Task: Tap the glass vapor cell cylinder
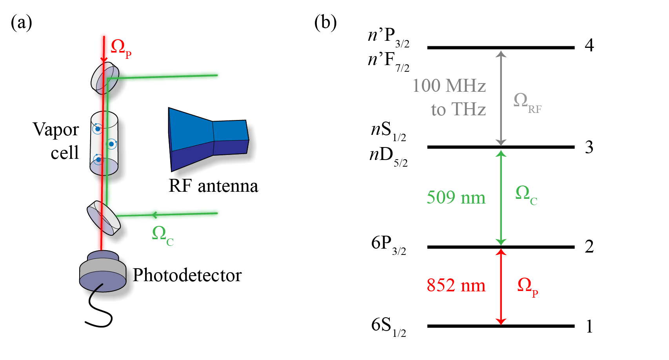click(104, 144)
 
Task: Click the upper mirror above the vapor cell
click(105, 78)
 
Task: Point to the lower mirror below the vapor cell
click(104, 218)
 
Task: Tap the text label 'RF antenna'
click(213, 186)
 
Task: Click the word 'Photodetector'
click(187, 275)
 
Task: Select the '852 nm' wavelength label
click(456, 285)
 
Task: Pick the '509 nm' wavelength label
click(456, 197)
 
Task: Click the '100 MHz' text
click(449, 86)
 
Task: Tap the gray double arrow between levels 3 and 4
click(501, 98)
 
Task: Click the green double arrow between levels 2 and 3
click(501, 197)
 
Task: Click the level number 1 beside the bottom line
click(589, 326)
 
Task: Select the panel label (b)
click(325, 22)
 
